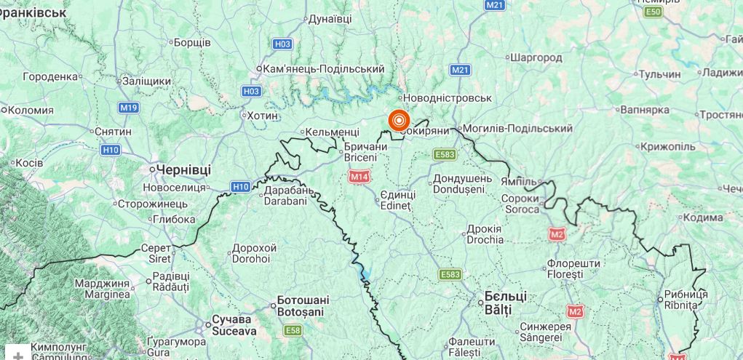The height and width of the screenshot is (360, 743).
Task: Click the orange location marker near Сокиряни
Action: (x=399, y=120)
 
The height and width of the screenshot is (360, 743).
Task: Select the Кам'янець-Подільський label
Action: (x=323, y=68)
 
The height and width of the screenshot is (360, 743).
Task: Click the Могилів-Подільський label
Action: (x=517, y=129)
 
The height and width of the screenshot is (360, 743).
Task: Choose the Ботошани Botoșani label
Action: (x=303, y=305)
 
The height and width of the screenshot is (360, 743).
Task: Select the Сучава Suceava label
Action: (x=233, y=325)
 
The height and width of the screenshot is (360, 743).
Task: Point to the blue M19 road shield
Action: (x=129, y=108)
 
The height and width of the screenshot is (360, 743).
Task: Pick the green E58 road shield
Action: (x=293, y=331)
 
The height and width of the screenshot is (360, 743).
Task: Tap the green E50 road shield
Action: (x=652, y=12)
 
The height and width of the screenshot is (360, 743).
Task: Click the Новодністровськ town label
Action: (x=447, y=98)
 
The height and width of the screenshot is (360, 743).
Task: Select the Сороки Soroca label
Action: (x=520, y=204)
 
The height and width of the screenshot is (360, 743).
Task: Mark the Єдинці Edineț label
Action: (x=397, y=200)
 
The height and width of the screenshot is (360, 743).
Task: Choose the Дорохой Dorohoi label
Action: (x=252, y=253)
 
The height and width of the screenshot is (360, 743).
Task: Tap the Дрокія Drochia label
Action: (x=485, y=233)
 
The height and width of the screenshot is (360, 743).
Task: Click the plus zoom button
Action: (x=18, y=355)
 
